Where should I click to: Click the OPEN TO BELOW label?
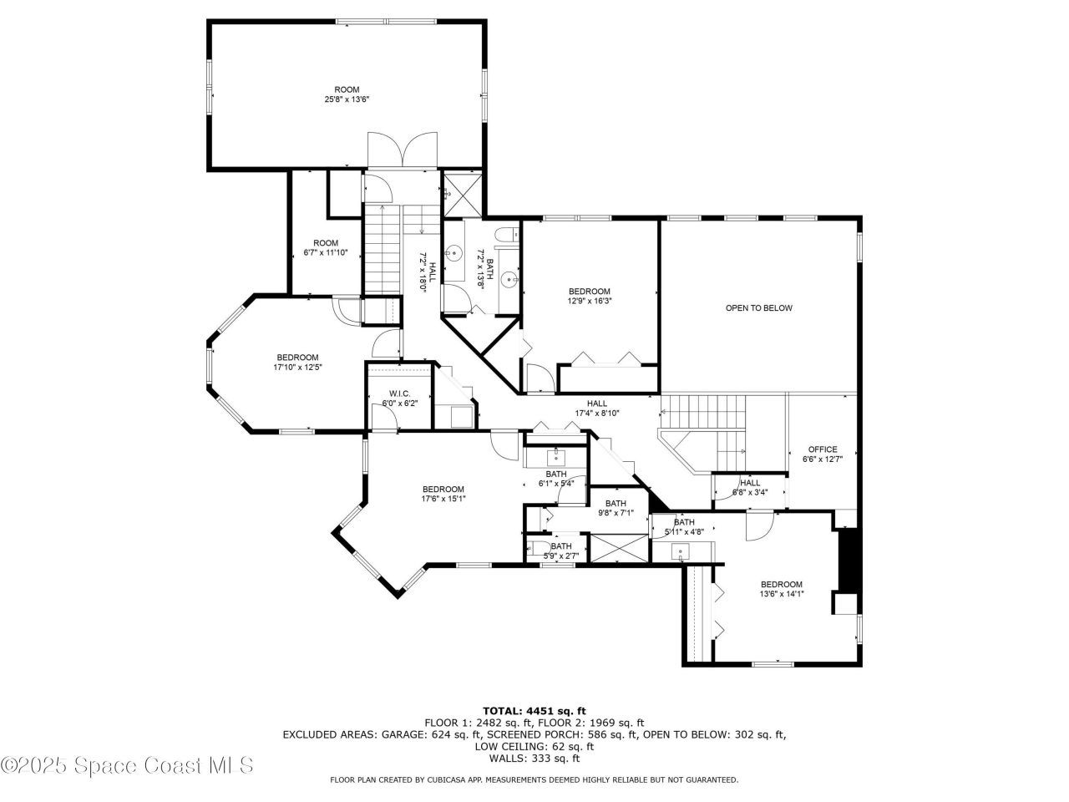(758, 308)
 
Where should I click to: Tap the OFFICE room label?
(822, 449)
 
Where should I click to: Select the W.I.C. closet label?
(398, 393)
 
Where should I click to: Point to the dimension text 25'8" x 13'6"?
(347, 99)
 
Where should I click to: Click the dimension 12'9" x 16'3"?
(590, 302)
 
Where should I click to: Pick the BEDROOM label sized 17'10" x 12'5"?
(297, 358)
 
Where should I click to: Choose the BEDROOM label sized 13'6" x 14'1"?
(781, 585)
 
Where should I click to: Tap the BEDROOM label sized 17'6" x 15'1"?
(443, 490)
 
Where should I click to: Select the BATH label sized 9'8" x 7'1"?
(616, 503)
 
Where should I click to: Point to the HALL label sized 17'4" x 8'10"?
(597, 404)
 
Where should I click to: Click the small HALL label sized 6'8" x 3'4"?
(750, 483)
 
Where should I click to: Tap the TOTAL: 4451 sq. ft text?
(534, 711)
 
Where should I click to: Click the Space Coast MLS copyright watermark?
(127, 764)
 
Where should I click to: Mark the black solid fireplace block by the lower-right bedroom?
(848, 560)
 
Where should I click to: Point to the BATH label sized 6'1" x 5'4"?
(556, 474)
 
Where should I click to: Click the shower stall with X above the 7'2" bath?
(461, 193)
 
